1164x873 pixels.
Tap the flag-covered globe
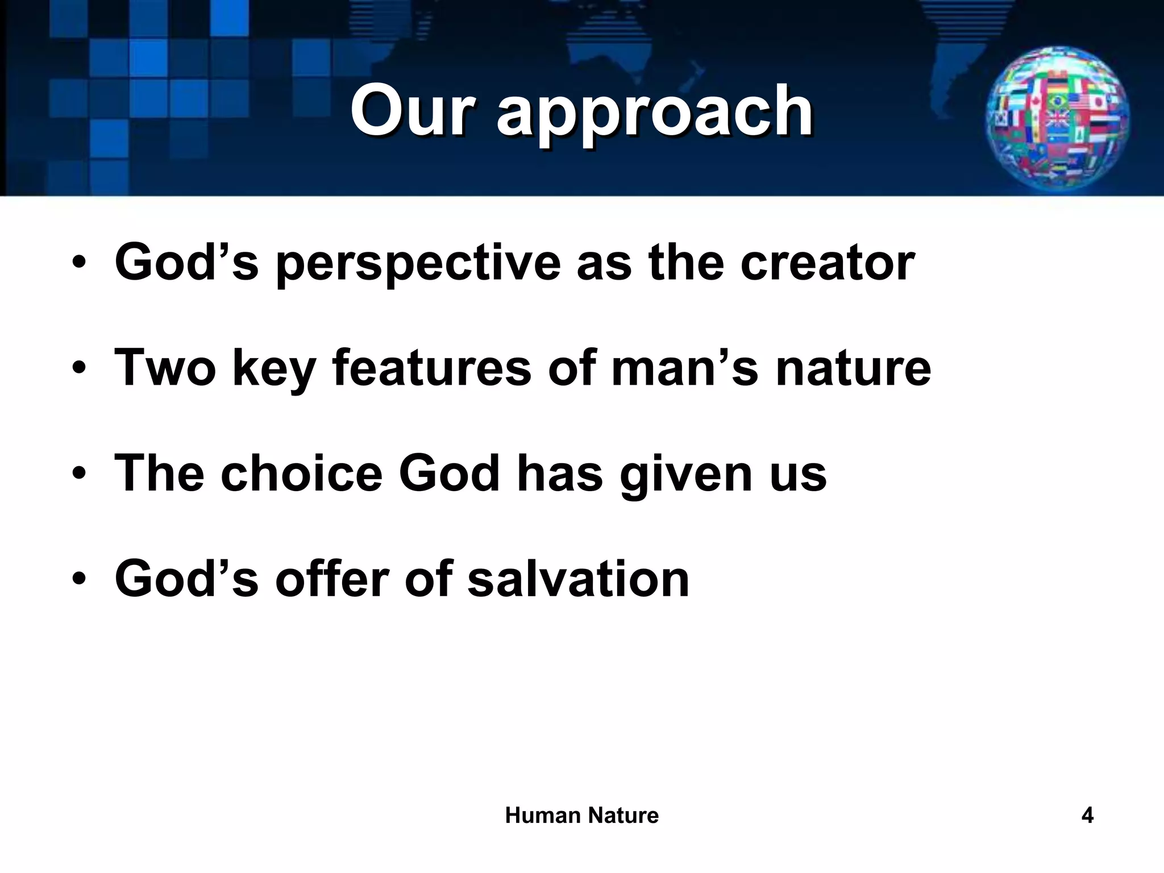[1058, 120]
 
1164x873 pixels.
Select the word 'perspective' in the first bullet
[418, 263]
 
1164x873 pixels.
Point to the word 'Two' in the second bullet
[165, 368]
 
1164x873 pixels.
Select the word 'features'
[431, 368]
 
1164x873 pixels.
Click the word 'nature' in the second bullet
[853, 369]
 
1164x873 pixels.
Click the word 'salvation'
[578, 579]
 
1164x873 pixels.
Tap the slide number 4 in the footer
[1087, 816]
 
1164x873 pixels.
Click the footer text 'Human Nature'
[581, 816]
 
